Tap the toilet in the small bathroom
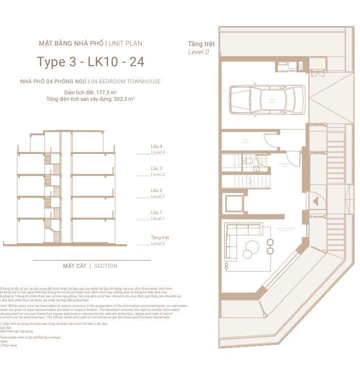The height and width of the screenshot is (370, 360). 248,161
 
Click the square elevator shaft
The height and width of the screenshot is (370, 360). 234,203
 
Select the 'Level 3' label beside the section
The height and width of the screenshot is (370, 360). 158,174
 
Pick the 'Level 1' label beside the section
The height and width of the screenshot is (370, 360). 158,219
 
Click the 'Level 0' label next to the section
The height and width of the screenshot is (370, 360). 158,244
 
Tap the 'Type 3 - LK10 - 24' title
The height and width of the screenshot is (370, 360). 91,62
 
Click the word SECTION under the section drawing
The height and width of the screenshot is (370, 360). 106,266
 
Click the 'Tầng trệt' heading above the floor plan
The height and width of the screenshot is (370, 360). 201,44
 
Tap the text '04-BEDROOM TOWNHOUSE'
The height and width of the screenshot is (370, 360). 126,81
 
